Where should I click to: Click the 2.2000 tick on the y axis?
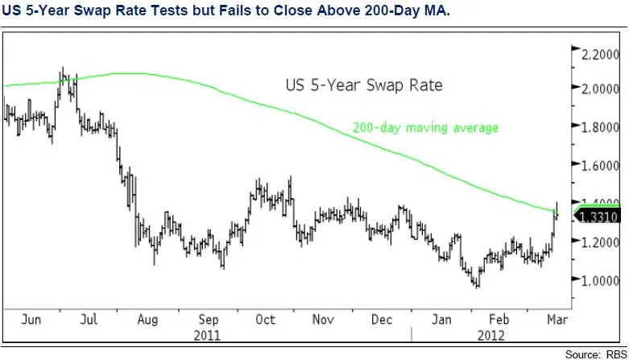[x=600, y=55]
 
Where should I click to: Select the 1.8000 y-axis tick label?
[x=600, y=127]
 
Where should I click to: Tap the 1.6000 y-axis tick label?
[x=600, y=166]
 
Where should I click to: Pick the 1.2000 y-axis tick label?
[x=600, y=242]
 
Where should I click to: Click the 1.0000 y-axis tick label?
[x=600, y=280]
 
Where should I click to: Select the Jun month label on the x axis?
[x=30, y=319]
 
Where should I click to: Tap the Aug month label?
[x=148, y=319]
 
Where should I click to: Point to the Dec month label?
[x=382, y=319]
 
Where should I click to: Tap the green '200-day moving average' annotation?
[x=425, y=127]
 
